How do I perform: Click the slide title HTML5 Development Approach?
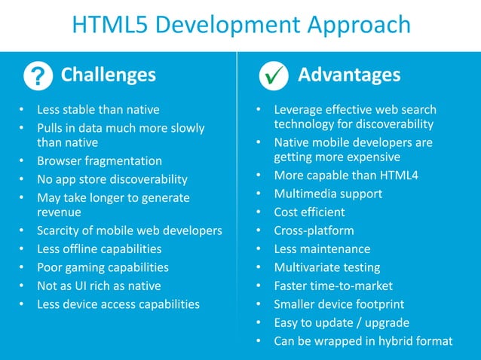(x=240, y=25)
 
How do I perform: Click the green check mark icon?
(x=272, y=76)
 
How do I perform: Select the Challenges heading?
(x=108, y=75)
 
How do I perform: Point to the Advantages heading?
(x=349, y=75)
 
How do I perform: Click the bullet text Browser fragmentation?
(x=100, y=161)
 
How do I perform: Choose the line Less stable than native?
(x=98, y=110)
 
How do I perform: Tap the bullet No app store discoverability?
(x=112, y=179)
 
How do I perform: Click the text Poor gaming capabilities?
(x=103, y=267)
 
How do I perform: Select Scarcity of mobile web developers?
(x=130, y=230)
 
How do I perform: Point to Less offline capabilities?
(x=100, y=249)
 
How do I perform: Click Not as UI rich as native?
(x=99, y=285)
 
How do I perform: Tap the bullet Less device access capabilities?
(x=118, y=304)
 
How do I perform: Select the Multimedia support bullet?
(x=328, y=194)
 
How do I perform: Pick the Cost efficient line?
(x=309, y=212)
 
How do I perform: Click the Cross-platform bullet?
(x=314, y=230)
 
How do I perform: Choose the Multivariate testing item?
(x=327, y=267)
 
